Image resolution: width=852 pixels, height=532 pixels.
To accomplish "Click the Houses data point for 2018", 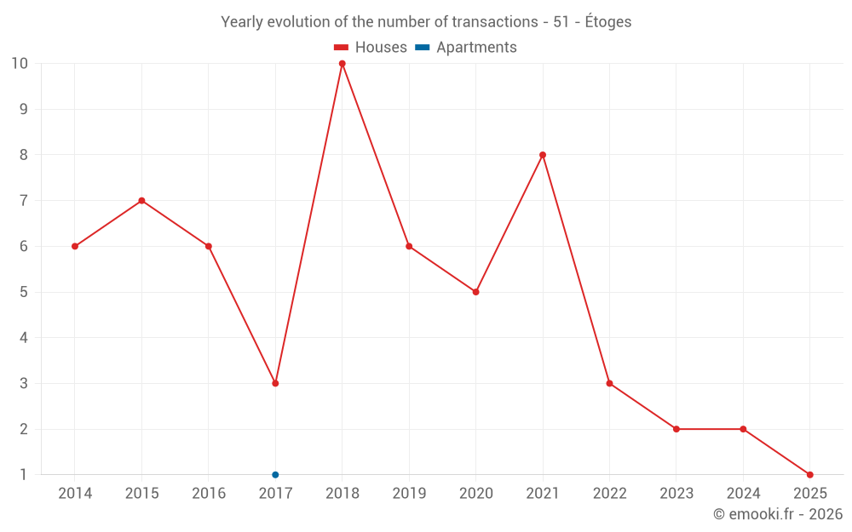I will [x=342, y=64].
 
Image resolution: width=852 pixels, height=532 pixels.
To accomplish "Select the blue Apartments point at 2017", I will [x=275, y=474].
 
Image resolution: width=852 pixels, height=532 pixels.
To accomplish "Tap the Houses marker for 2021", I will [x=543, y=155].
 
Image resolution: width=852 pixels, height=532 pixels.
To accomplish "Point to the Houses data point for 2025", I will [x=809, y=474].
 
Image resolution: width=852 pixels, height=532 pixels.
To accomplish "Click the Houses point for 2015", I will [x=141, y=201].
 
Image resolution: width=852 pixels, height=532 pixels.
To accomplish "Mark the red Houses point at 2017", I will [x=275, y=383].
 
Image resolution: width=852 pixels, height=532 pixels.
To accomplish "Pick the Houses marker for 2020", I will [x=475, y=292].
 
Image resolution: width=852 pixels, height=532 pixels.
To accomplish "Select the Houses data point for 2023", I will [x=676, y=429].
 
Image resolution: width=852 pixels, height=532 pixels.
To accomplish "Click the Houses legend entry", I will [x=371, y=48].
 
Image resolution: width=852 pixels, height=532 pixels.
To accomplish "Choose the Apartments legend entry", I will [x=466, y=48].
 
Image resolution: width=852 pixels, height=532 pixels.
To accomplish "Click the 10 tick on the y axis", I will [x=20, y=64].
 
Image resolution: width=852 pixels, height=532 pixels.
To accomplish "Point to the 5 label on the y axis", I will [x=24, y=292].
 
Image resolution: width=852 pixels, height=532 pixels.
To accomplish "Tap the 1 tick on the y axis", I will [x=24, y=474].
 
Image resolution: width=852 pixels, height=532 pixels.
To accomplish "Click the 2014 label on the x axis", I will [x=75, y=494].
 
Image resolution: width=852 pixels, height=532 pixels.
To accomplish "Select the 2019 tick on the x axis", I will [x=409, y=494].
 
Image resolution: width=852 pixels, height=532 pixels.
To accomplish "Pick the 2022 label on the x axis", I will [x=609, y=494].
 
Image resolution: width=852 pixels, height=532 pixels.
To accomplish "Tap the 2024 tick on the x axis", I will [x=743, y=494].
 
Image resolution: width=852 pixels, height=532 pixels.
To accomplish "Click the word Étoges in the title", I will [x=607, y=22].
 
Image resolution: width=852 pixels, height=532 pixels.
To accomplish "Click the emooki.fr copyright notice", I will [x=778, y=514].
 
